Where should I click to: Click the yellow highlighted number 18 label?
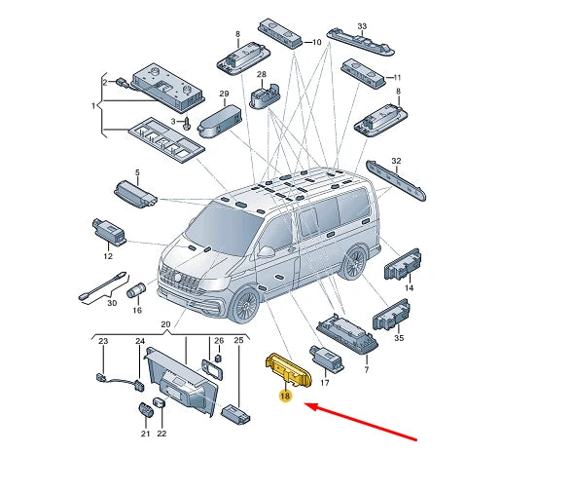285,396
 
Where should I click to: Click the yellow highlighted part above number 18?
288,370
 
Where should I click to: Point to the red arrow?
361,422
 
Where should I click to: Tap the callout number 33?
362,26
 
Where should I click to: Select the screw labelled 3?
187,123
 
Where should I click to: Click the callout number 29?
224,94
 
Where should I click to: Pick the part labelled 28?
265,95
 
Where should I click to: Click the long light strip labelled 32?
396,180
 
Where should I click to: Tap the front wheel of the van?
245,305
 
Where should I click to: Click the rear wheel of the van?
354,262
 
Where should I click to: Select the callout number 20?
165,324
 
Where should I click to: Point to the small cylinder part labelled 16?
136,289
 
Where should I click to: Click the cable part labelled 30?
102,286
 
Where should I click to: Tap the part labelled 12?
109,232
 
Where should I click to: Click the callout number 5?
137,172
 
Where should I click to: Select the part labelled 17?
326,359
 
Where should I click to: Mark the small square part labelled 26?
219,358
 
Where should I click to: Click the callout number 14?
409,287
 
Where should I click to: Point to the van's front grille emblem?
178,278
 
